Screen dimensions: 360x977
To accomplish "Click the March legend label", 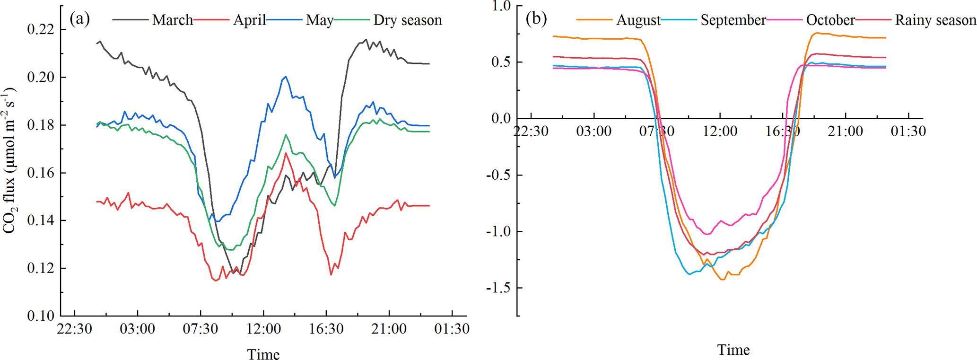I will (x=173, y=20).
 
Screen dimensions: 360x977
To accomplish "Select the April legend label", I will (x=249, y=20).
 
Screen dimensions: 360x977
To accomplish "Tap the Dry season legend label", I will (x=408, y=20).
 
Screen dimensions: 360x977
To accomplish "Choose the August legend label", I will (x=638, y=20).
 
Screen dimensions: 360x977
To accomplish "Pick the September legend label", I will (x=733, y=20).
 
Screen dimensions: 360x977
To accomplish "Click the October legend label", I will (x=830, y=20).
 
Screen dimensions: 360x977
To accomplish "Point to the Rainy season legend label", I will (x=935, y=20).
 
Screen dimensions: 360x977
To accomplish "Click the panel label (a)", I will (x=79, y=19).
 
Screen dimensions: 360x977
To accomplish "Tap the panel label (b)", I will (x=536, y=19).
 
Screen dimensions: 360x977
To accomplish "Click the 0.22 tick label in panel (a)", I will (x=41, y=29).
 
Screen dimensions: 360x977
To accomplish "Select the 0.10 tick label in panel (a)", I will (x=41, y=316).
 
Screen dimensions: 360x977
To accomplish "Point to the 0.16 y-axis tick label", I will (x=41, y=173).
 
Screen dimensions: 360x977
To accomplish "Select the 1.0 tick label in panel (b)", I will (x=501, y=6).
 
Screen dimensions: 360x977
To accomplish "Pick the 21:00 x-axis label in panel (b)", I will (x=845, y=131).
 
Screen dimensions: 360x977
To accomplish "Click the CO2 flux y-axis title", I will (x=10, y=161).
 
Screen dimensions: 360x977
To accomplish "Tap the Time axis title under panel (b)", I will (x=733, y=350).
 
